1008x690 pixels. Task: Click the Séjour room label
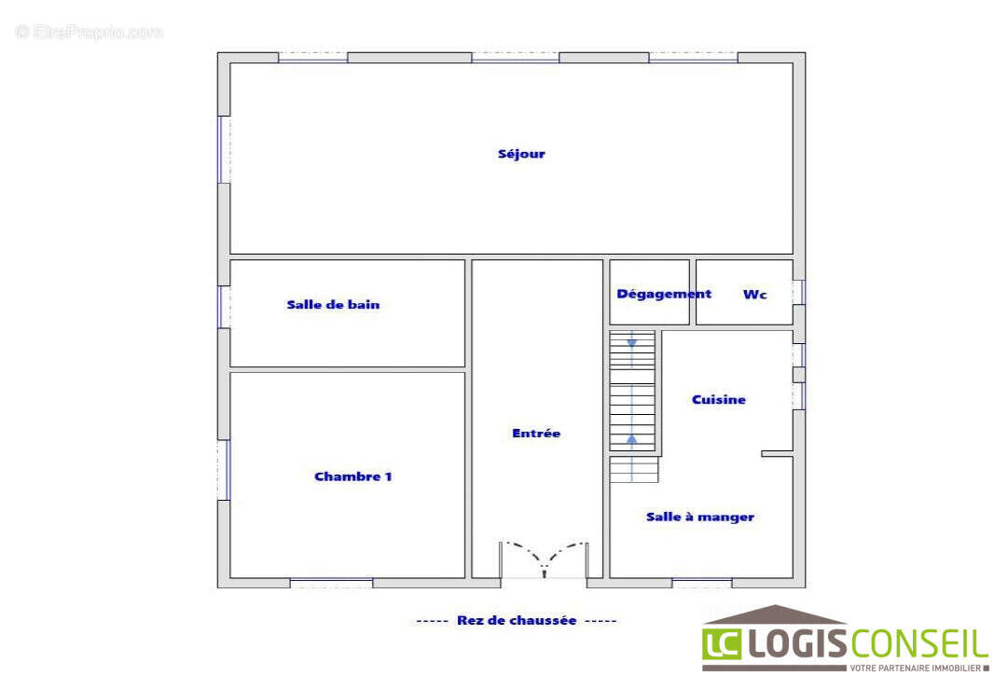click(521, 154)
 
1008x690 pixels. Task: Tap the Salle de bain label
click(333, 305)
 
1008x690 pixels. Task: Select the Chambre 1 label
click(352, 476)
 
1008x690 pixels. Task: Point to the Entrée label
click(536, 434)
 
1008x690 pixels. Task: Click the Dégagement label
click(664, 295)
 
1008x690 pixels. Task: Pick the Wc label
click(754, 295)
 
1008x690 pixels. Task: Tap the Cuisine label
click(719, 399)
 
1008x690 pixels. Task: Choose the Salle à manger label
click(700, 517)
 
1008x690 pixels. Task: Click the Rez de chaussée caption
click(517, 621)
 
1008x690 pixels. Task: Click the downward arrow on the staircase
click(632, 343)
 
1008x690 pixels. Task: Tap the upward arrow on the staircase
click(632, 439)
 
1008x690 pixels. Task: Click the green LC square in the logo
click(722, 644)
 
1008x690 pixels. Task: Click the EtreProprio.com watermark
click(90, 32)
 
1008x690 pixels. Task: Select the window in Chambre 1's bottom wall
click(331, 583)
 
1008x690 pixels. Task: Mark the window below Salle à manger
click(702, 583)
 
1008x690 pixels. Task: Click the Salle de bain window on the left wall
click(223, 307)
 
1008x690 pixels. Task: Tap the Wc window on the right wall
click(799, 291)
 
